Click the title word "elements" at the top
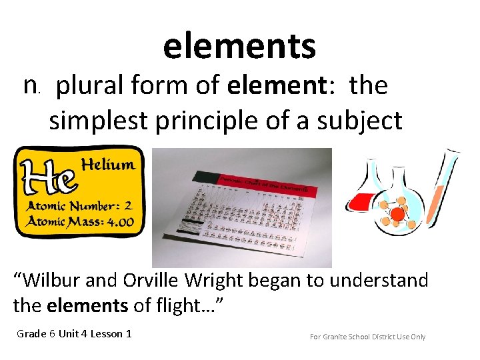point(239,46)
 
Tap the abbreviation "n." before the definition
point(32,86)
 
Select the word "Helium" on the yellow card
point(107,164)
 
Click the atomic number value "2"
point(127,205)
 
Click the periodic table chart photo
point(241,207)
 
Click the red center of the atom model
point(399,213)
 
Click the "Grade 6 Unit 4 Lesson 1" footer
point(74,333)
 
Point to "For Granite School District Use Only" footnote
point(367,337)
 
